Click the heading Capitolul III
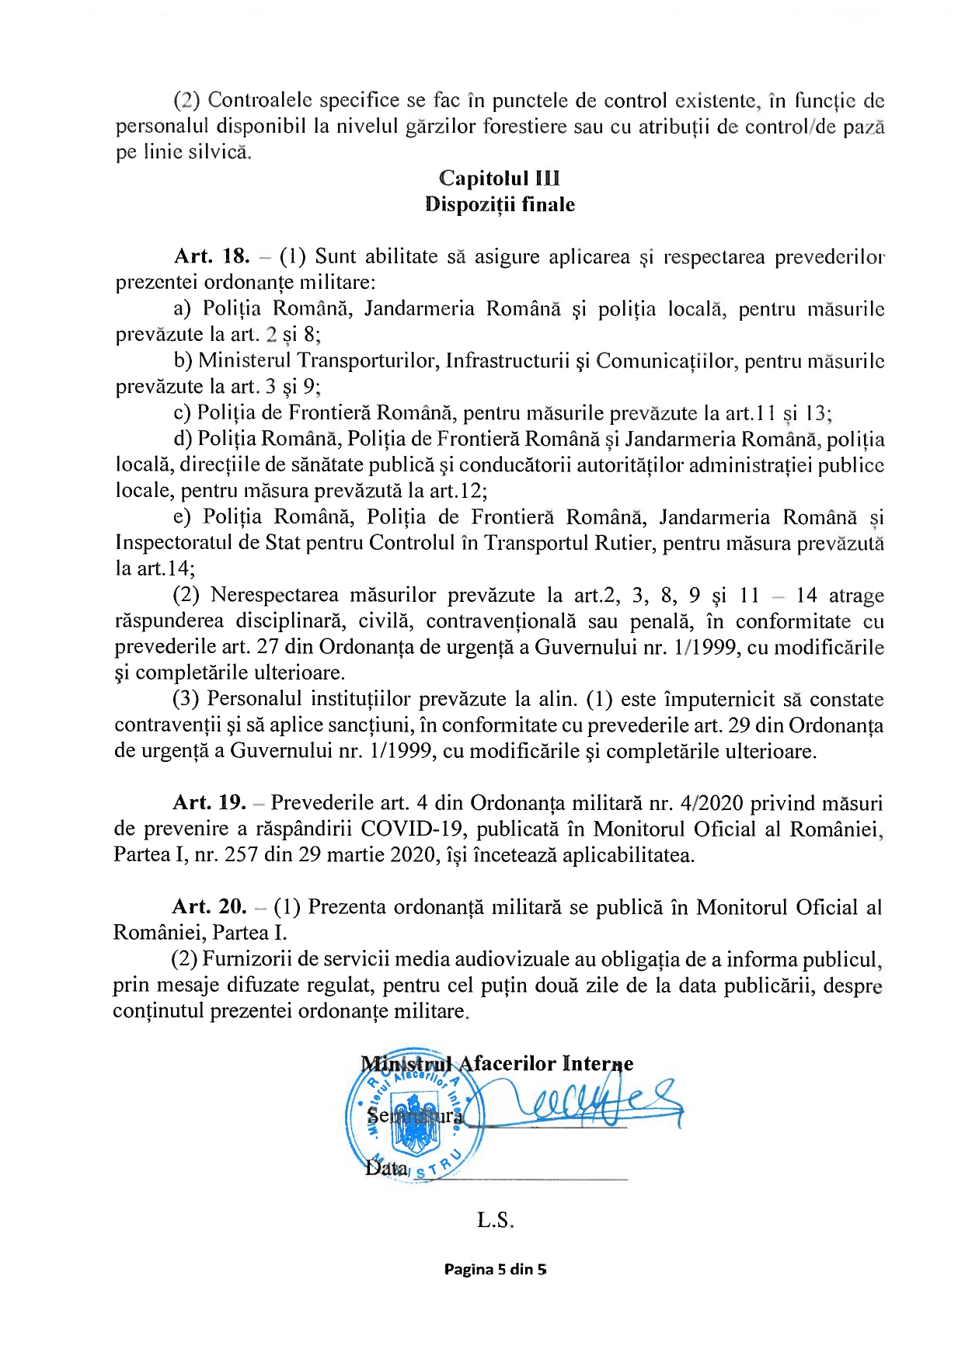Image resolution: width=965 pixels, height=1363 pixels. pos(499,179)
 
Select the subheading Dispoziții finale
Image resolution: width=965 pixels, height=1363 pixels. pos(500,204)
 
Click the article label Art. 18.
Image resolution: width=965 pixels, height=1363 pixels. pos(211,256)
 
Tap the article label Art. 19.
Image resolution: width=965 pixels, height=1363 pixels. pos(209,802)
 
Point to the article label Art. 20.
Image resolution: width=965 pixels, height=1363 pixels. pos(209,906)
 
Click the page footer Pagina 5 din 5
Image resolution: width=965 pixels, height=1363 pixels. pos(495,1270)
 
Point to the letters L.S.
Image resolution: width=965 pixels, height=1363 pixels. pos(495,1220)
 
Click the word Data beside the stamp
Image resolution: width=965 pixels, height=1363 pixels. pos(385,1167)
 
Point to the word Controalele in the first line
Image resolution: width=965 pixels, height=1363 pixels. pos(260,100)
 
